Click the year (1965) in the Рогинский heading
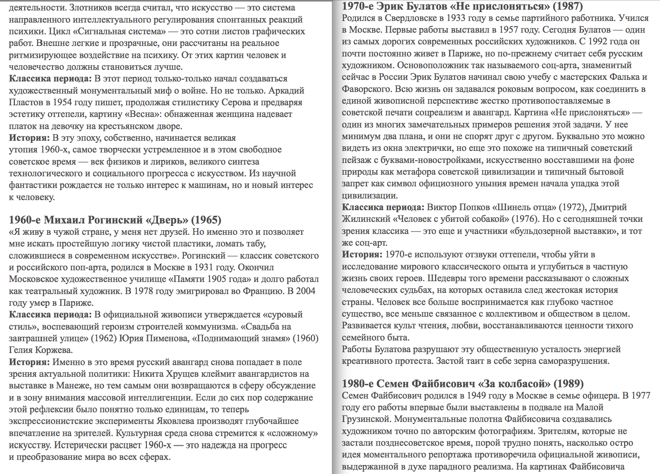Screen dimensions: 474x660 click(206, 220)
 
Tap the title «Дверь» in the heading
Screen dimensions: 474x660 click(167, 220)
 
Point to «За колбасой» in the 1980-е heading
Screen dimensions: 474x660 click(514, 384)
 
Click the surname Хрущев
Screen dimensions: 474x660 click(191, 374)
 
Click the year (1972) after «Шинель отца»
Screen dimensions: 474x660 click(572, 207)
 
